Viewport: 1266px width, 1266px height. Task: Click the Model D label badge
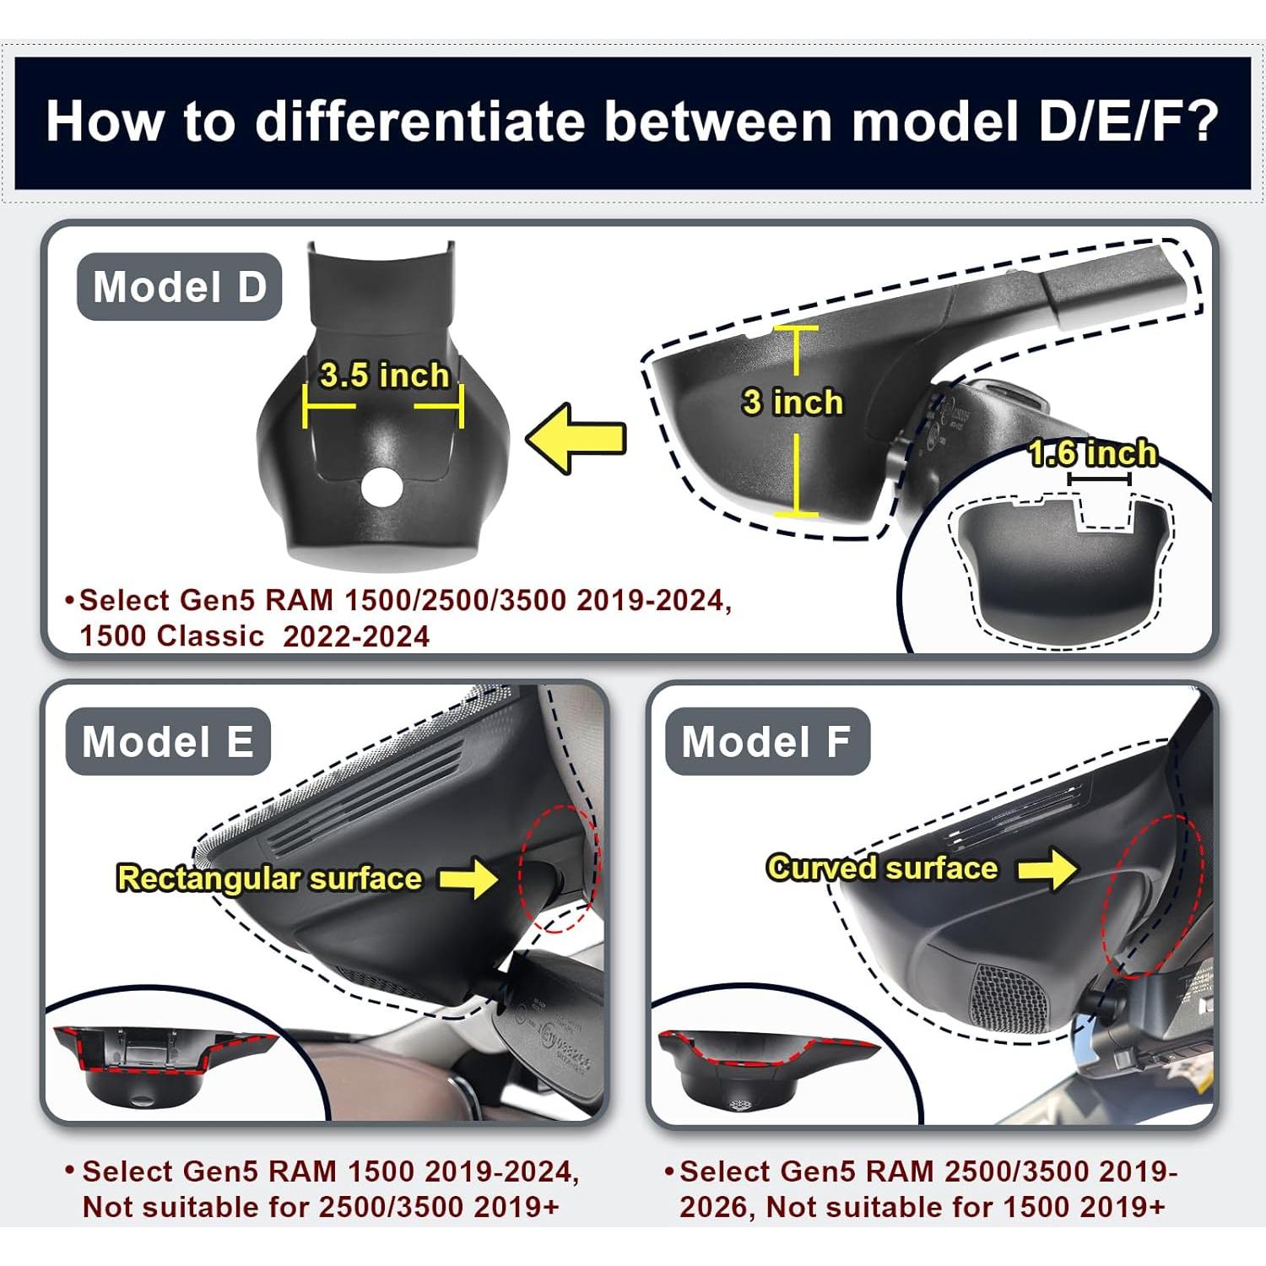click(179, 287)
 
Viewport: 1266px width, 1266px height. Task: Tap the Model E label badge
click(168, 742)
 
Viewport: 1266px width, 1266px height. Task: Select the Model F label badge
click(766, 742)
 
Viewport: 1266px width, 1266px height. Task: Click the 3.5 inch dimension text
click(384, 375)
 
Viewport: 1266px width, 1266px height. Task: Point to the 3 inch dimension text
click(793, 402)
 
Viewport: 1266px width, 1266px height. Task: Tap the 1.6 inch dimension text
click(1092, 454)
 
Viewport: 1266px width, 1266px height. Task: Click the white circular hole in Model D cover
click(381, 487)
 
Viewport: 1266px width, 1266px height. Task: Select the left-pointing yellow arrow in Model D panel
click(576, 438)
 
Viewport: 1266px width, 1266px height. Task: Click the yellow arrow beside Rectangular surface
click(469, 879)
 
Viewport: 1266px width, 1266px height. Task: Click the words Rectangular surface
click(269, 879)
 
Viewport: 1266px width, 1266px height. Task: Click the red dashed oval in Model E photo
click(558, 868)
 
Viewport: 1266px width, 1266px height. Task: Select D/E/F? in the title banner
click(1128, 121)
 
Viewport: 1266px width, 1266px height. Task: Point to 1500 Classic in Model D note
click(172, 636)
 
